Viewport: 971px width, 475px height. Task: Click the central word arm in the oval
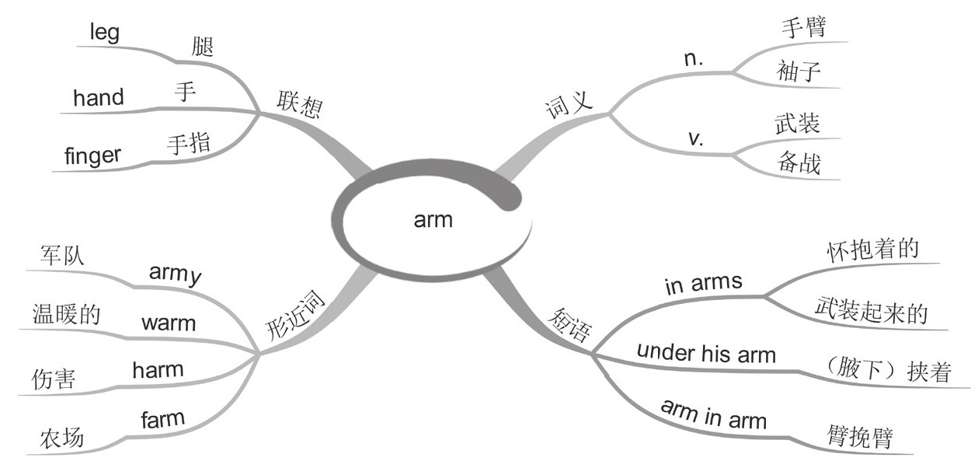[x=433, y=220]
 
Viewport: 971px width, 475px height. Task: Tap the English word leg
[x=104, y=35]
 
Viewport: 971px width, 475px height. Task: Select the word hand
[x=98, y=98]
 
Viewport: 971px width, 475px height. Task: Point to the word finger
[x=93, y=155]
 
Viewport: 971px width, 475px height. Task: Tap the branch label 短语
[x=565, y=327]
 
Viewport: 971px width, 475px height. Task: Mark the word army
[x=176, y=274]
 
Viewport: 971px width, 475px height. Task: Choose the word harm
[x=158, y=369]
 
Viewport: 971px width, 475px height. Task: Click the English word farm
[x=163, y=420]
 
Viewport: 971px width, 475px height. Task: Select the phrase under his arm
[x=706, y=354]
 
